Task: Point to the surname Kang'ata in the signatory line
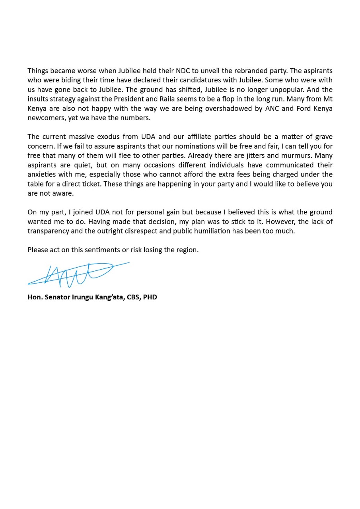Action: tap(108, 297)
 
